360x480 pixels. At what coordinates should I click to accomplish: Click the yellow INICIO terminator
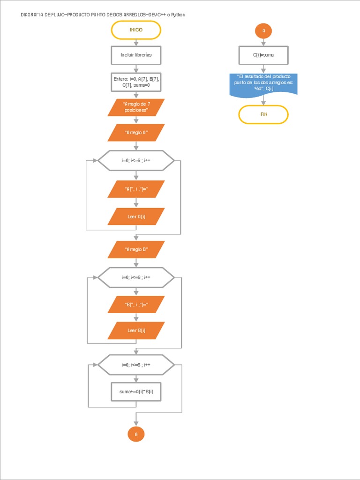point(136,30)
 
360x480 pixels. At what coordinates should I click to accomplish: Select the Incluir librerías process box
point(136,55)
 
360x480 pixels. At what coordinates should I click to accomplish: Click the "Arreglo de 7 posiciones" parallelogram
point(136,107)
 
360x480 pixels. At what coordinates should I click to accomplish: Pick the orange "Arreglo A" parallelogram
point(136,133)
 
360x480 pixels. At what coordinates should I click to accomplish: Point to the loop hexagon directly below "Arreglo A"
point(136,160)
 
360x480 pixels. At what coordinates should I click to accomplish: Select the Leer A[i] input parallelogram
point(136,217)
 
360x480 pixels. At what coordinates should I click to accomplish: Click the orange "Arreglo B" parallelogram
point(136,249)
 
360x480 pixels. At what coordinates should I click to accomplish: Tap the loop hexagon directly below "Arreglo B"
point(136,277)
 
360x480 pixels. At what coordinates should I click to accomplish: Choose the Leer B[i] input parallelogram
point(136,330)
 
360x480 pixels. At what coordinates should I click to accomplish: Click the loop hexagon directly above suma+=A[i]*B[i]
point(136,365)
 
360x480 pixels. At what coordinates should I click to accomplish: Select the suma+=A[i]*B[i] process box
point(136,391)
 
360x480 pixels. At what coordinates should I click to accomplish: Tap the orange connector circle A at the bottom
point(136,435)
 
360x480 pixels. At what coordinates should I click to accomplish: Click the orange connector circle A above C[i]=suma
point(263,30)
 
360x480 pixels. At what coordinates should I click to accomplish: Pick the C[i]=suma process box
point(263,55)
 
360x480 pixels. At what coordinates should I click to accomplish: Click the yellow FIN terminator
point(263,114)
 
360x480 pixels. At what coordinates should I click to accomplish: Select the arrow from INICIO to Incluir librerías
point(136,42)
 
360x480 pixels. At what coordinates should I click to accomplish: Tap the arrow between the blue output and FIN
point(263,100)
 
